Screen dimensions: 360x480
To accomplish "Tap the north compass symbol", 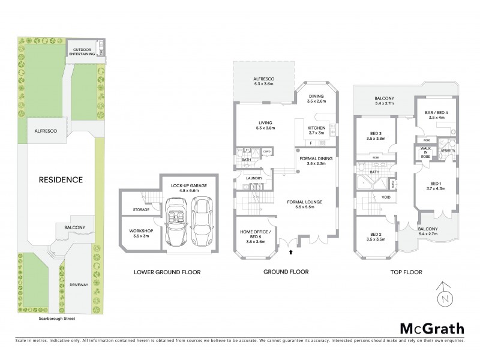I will (x=442, y=295).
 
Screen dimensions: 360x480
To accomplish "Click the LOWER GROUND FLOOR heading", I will (x=168, y=272).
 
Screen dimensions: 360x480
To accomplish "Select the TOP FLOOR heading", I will (x=405, y=272).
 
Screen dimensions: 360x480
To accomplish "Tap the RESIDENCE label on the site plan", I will (x=61, y=179).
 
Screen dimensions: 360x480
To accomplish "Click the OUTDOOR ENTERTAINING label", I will (x=84, y=52).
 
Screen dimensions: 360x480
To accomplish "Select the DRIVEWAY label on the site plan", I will (x=79, y=284).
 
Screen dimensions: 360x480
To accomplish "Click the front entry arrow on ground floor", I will (x=291, y=253).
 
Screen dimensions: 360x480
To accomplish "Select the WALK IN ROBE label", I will (x=426, y=152).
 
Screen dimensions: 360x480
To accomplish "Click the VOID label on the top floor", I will (x=387, y=196).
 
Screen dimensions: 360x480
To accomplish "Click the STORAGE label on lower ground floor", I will (x=141, y=210).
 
